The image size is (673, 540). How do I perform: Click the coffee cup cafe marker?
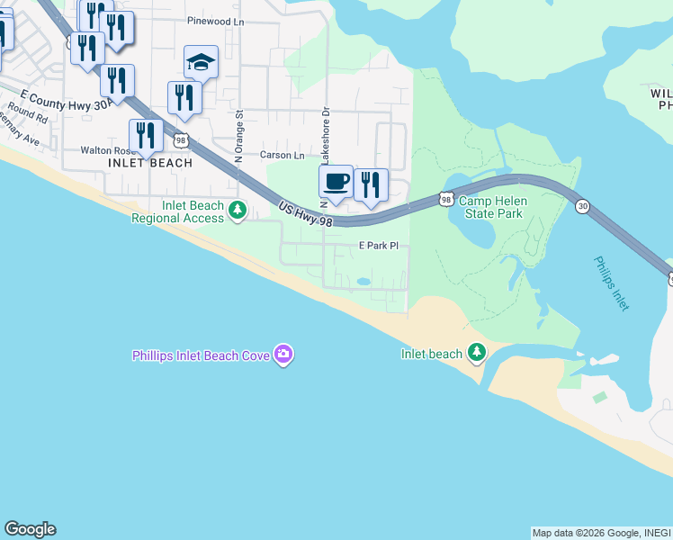pos(336,183)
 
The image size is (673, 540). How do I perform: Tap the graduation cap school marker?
pos(201,63)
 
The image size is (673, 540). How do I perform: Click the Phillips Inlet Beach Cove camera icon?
pos(283,355)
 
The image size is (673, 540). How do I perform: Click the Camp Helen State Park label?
pos(491,208)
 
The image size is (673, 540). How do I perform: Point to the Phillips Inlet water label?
pos(612,283)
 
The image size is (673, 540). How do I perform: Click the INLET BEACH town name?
pos(150,163)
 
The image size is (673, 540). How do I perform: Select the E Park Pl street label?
pos(378,246)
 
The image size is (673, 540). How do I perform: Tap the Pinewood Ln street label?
pos(216,20)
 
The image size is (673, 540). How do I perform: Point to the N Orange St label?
pos(239,136)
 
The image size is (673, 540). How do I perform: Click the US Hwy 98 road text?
pos(305,213)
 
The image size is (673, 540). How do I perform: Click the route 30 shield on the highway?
pos(583,206)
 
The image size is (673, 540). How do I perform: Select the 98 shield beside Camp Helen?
pos(446,198)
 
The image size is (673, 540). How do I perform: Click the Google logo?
pos(30,529)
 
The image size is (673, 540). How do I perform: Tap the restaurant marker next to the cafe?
pos(371,184)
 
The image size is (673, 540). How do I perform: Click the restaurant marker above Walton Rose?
pos(146,136)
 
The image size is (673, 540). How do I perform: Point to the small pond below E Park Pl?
pos(363,282)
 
